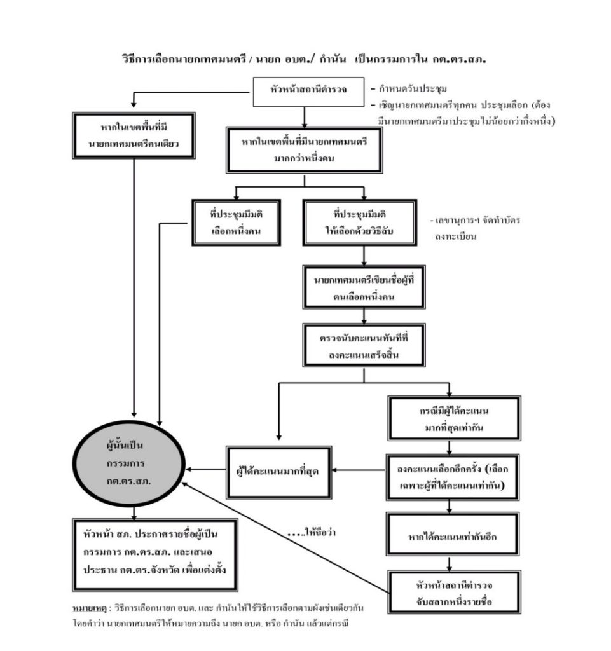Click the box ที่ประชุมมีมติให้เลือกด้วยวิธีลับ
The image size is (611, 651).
click(364, 223)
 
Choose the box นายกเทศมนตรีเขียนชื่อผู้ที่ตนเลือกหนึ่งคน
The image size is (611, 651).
click(364, 287)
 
